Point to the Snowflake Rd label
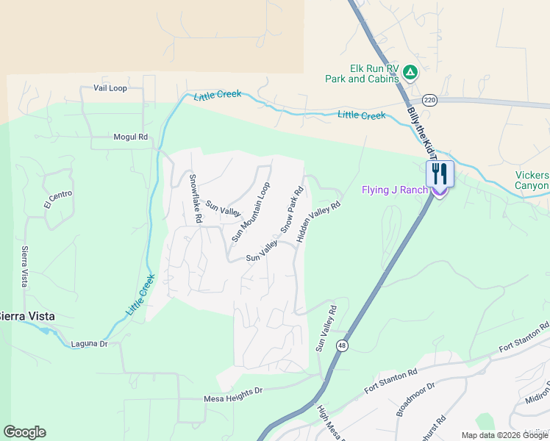(195, 198)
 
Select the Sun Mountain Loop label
(251, 212)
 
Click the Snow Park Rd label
(292, 209)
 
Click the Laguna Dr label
(90, 344)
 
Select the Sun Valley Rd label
(326, 328)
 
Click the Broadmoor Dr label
(416, 398)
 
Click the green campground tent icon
(410, 73)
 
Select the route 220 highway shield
(430, 100)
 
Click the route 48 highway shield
(343, 346)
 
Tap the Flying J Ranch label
(394, 190)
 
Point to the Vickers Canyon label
(532, 180)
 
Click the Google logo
(24, 432)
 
